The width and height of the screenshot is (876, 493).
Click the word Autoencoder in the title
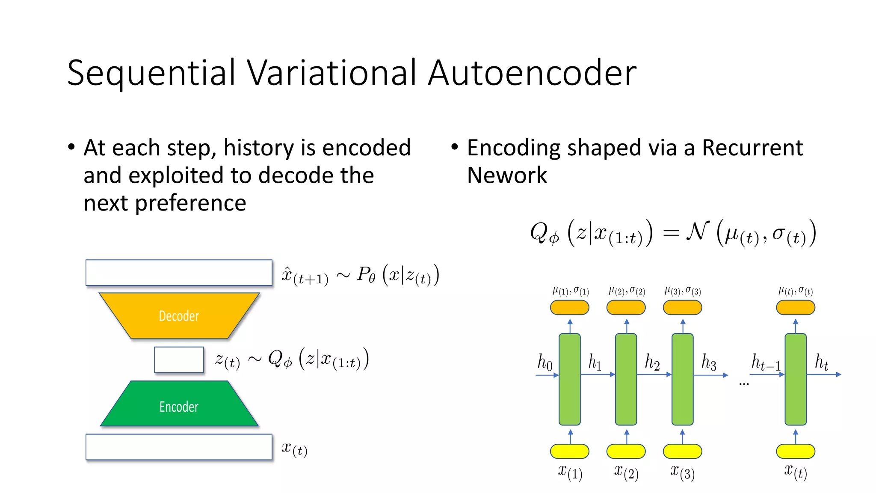pyautogui.click(x=532, y=73)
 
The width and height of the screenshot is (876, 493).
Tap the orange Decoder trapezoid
pyautogui.click(x=179, y=316)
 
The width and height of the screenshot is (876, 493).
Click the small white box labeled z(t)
pyautogui.click(x=179, y=359)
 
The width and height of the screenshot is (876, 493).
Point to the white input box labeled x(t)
pyautogui.click(x=179, y=447)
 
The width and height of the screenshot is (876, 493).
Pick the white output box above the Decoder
pyautogui.click(x=179, y=272)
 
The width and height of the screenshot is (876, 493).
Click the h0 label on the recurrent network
pyautogui.click(x=545, y=362)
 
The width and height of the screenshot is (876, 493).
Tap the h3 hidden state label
pyautogui.click(x=708, y=362)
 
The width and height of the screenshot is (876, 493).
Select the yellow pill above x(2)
pyautogui.click(x=626, y=451)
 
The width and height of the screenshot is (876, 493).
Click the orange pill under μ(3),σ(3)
pyautogui.click(x=682, y=307)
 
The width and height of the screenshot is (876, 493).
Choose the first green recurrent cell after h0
pyautogui.click(x=569, y=379)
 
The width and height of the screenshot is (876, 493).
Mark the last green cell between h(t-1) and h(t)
pyautogui.click(x=795, y=379)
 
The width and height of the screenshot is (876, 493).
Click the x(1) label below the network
pyautogui.click(x=570, y=472)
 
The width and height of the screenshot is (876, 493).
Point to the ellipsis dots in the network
pyautogui.click(x=744, y=384)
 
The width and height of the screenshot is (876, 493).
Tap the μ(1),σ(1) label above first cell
pyautogui.click(x=570, y=291)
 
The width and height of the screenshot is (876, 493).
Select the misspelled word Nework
pyautogui.click(x=507, y=175)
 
